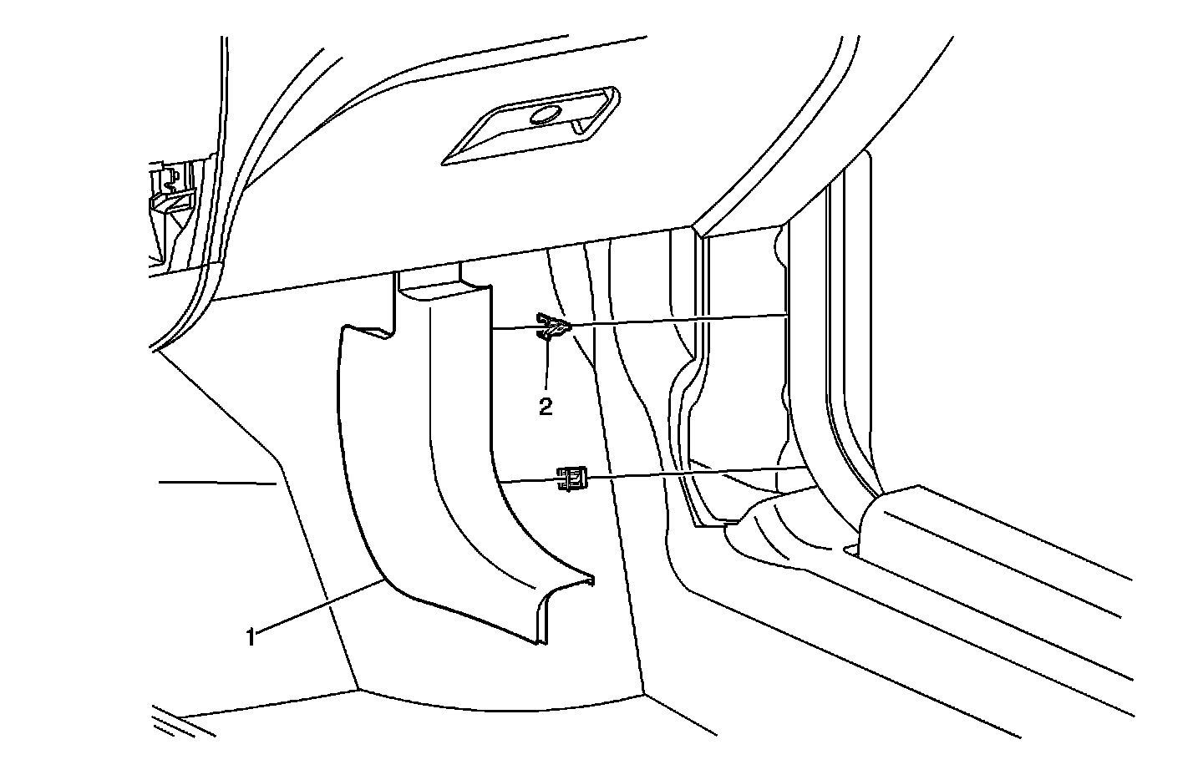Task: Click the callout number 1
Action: (x=250, y=637)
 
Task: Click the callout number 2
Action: (x=545, y=407)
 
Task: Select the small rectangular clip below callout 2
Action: (x=571, y=479)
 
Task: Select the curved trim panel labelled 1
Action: (x=451, y=468)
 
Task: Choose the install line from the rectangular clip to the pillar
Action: (x=693, y=474)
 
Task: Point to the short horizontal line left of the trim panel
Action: (x=217, y=482)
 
